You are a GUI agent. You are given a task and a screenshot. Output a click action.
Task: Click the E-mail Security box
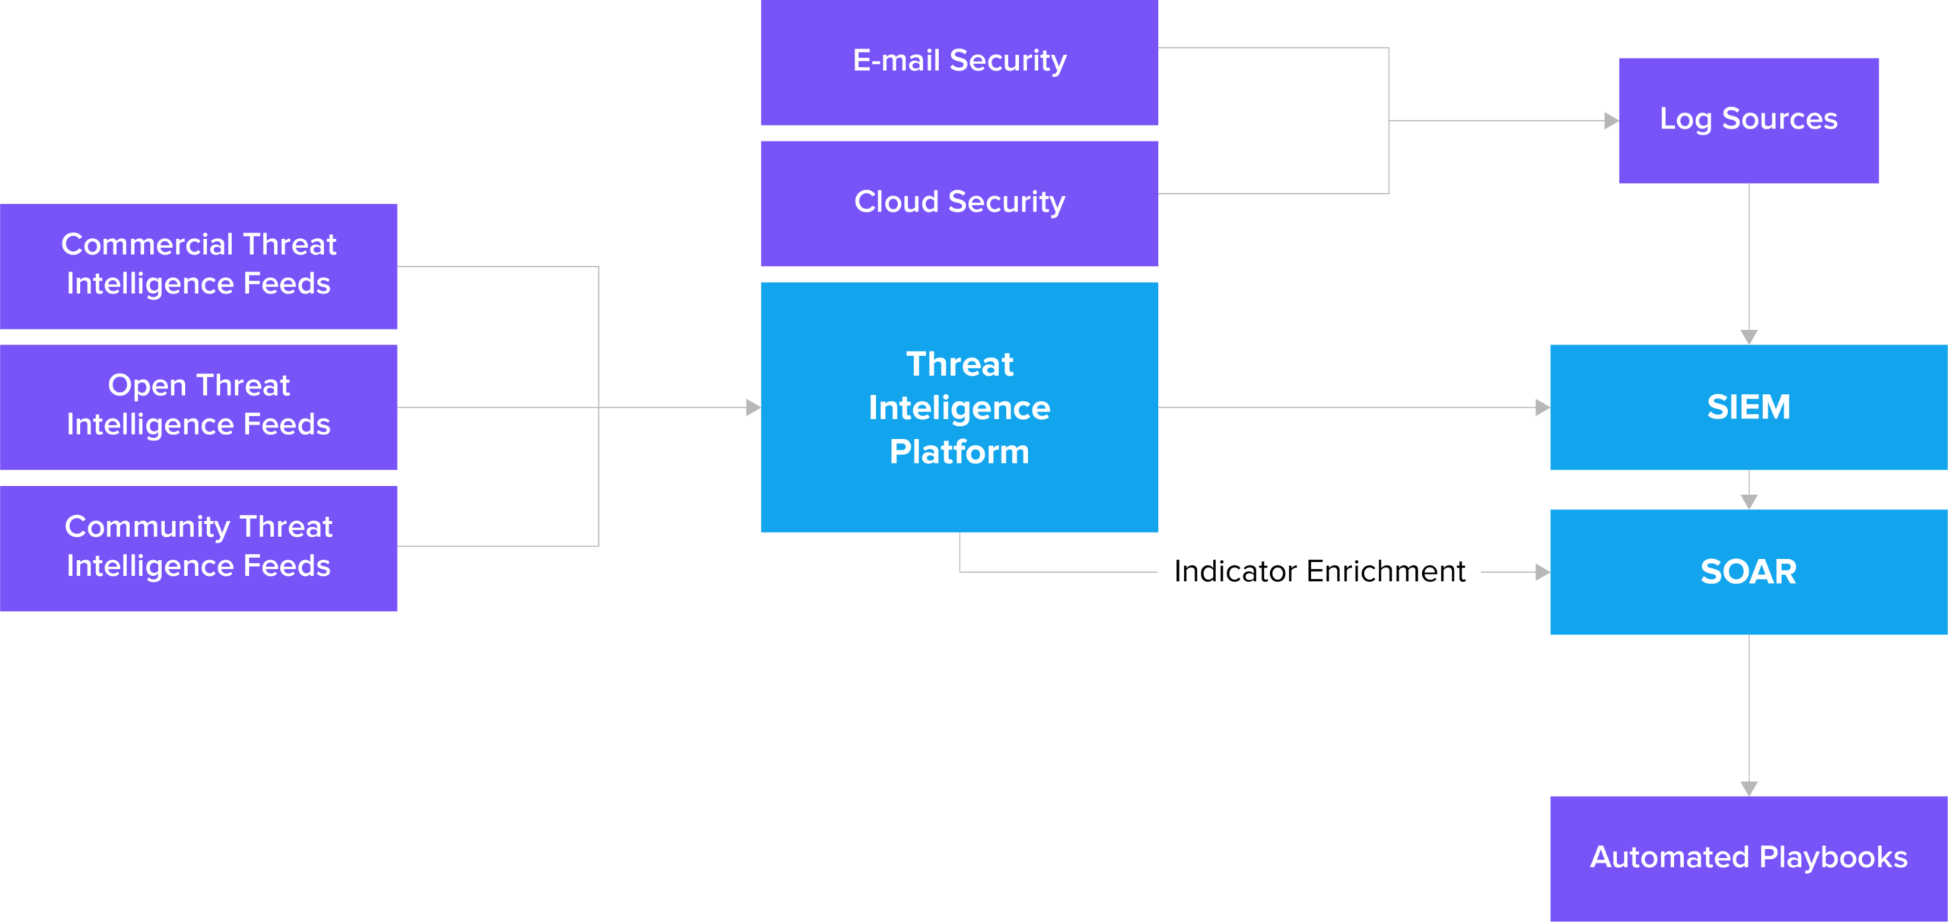(959, 62)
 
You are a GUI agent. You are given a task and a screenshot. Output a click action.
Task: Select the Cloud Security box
(959, 203)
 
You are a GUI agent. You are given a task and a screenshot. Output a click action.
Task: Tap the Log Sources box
(1748, 120)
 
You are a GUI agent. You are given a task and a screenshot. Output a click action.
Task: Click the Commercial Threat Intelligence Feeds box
(198, 265)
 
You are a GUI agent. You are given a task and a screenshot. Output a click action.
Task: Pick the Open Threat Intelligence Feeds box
(198, 406)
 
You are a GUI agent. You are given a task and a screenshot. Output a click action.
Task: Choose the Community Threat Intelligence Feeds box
(198, 548)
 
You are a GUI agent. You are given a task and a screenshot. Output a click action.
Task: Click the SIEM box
(1748, 407)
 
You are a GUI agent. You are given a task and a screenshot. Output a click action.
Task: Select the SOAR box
(1748, 572)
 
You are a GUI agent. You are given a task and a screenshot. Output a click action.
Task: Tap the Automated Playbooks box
(1748, 858)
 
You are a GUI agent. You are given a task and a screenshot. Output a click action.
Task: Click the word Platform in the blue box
(959, 452)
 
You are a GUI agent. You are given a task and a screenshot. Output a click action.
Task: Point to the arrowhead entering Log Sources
(1610, 120)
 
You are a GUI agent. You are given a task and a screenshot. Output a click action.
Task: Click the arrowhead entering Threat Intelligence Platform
(753, 407)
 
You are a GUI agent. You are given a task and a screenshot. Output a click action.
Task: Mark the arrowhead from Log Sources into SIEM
(1749, 336)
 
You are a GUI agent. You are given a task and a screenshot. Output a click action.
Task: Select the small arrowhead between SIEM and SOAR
(1749, 501)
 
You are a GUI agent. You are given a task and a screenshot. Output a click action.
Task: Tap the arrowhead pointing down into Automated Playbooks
(1749, 788)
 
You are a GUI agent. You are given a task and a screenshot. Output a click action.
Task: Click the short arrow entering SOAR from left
(1542, 571)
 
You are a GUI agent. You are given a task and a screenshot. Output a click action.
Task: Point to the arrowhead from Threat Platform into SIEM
(1542, 407)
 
